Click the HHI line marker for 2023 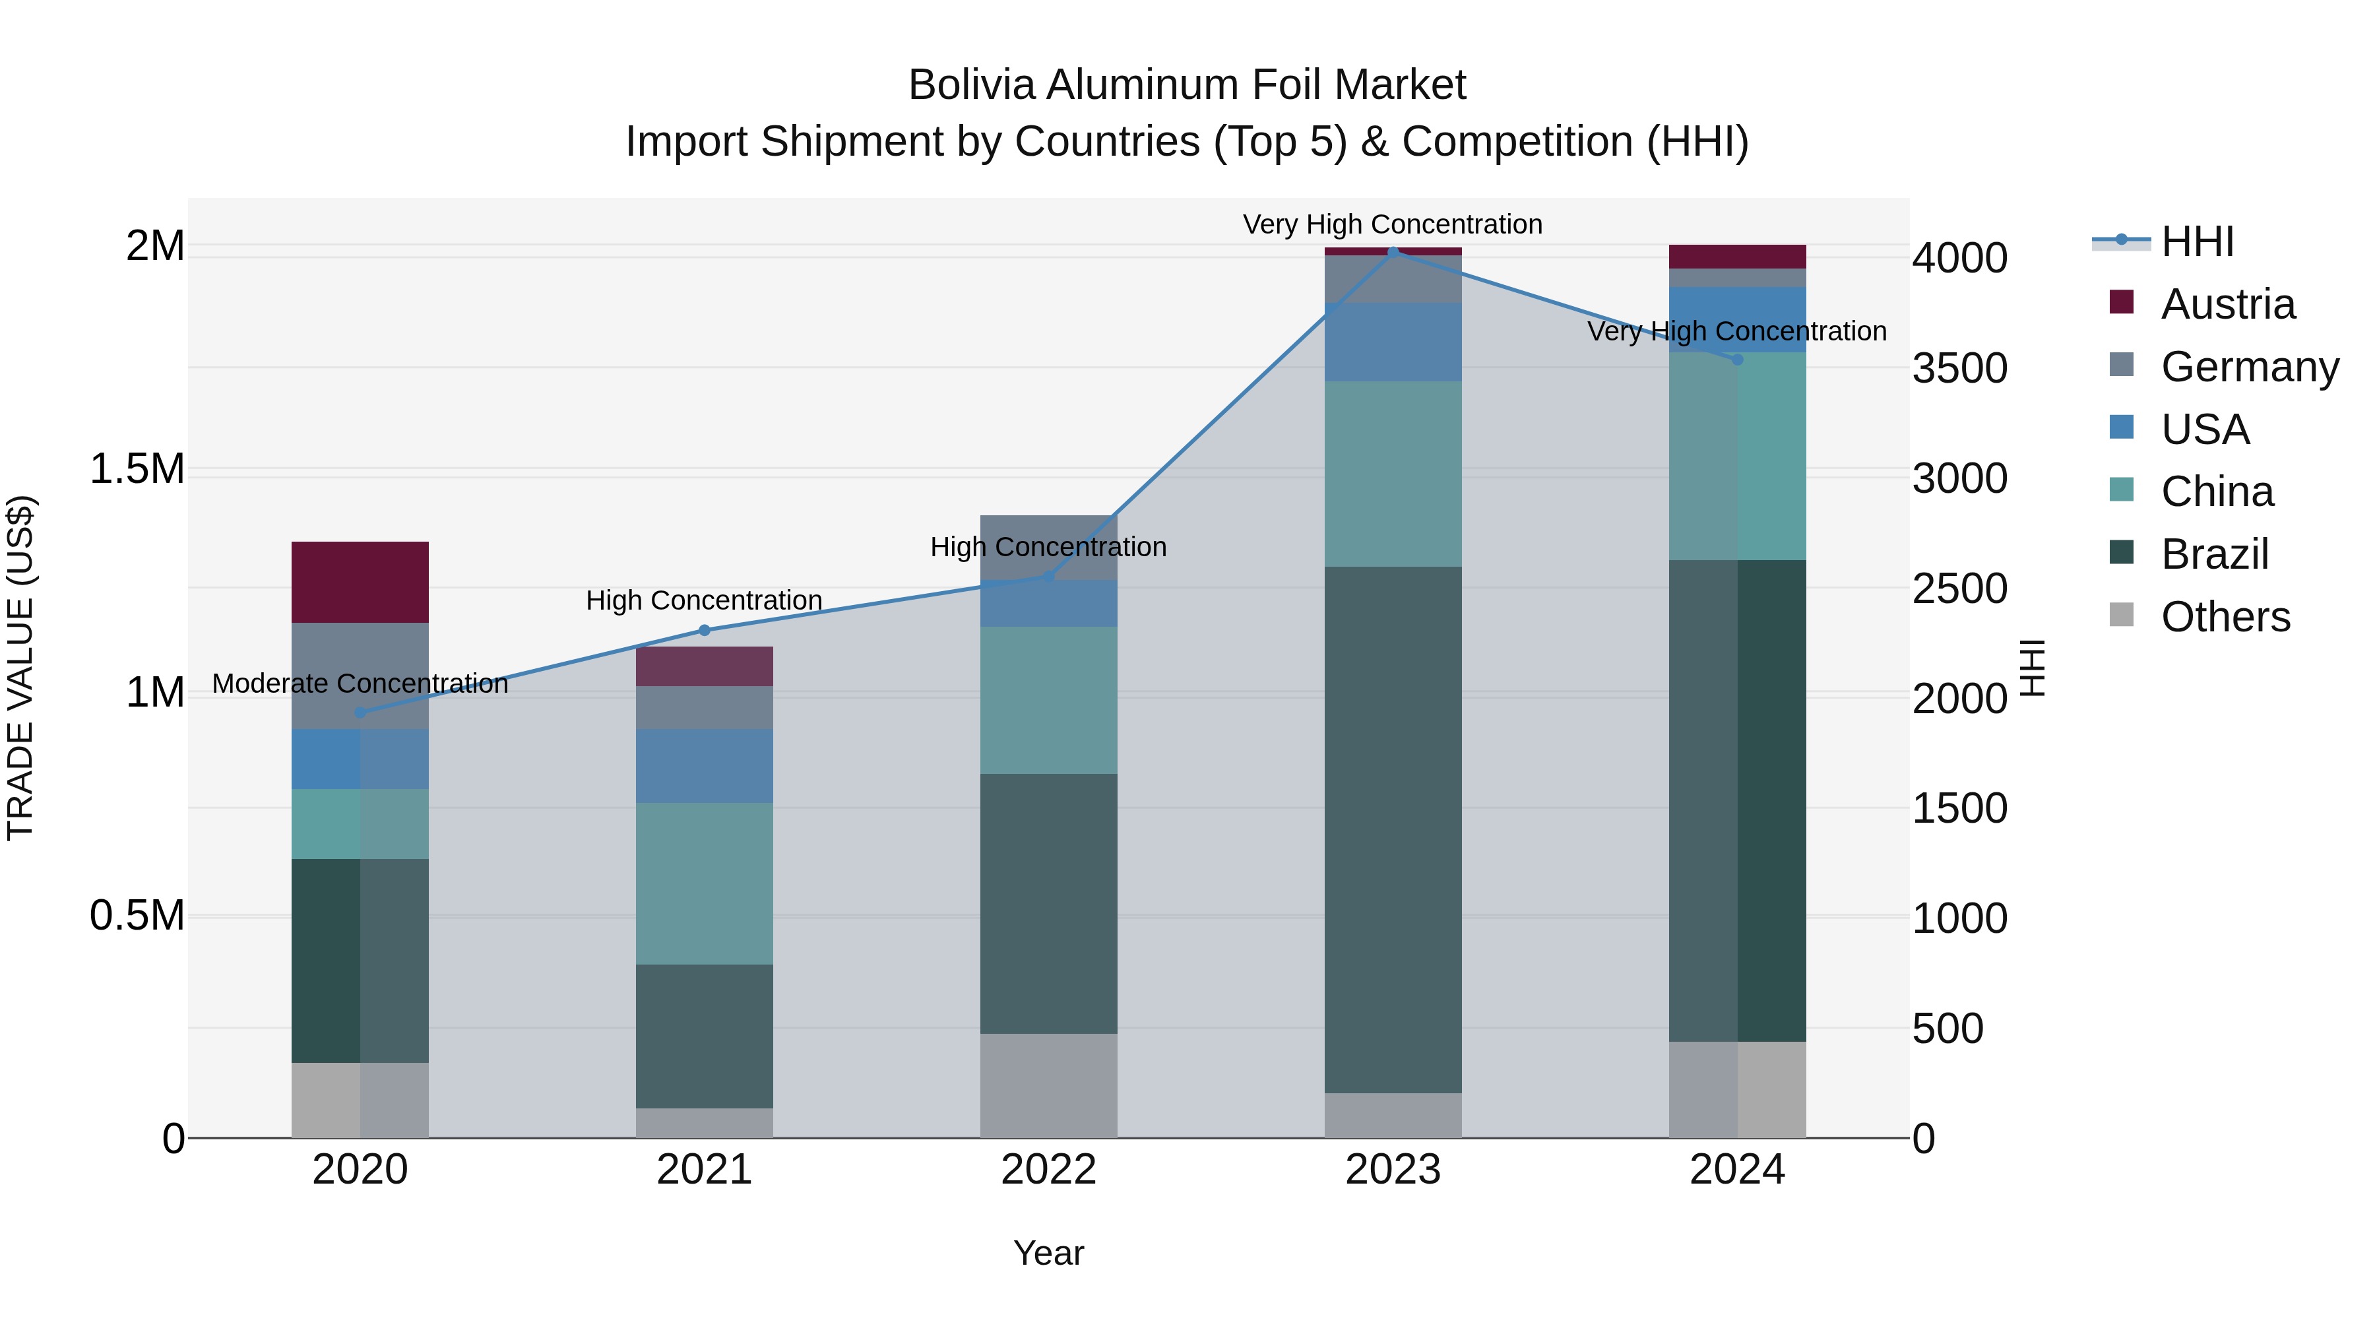pos(1393,252)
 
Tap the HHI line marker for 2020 pos(360,713)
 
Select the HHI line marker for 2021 pos(705,631)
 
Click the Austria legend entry pos(2227,304)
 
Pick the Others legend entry pos(2225,617)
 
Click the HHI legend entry pos(2196,241)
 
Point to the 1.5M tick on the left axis pos(137,469)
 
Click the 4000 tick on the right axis pos(1959,258)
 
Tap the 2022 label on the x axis pos(1048,1170)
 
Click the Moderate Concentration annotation pos(360,684)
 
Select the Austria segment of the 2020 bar pos(360,582)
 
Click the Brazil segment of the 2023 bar pos(1393,830)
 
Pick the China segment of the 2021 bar pos(705,883)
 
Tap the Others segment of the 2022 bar pos(1048,1085)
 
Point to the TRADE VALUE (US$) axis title pos(20,668)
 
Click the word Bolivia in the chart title pos(972,85)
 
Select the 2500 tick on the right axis pos(1959,589)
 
